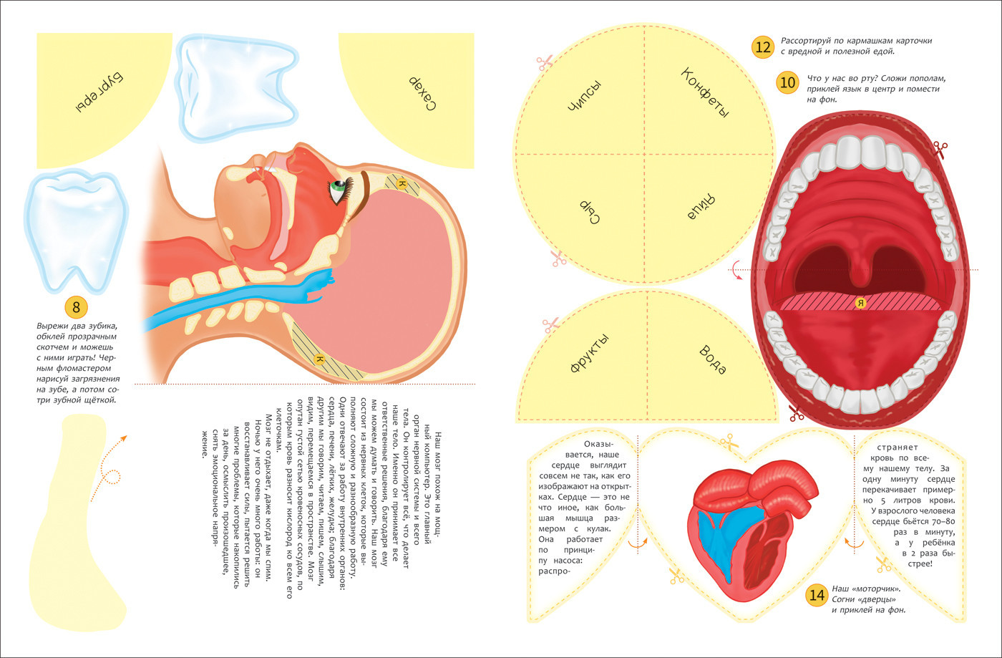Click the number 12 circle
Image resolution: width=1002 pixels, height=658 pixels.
point(763,48)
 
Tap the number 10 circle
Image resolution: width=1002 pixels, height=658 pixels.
point(788,82)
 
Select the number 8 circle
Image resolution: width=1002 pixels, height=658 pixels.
point(77,308)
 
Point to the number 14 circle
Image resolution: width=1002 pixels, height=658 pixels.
point(817,595)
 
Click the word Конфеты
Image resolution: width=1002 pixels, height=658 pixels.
point(705,93)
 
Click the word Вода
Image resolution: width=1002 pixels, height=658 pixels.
point(711,359)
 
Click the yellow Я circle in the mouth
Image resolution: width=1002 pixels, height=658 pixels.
point(862,303)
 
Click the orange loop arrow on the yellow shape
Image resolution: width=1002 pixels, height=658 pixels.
point(109,475)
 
